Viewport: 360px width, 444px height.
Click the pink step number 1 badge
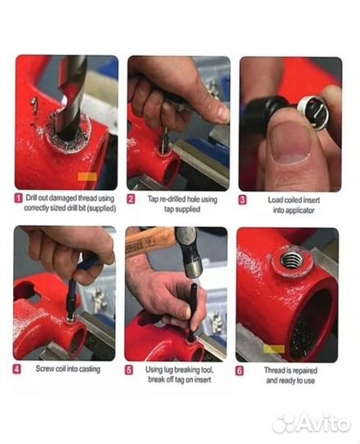click(18, 198)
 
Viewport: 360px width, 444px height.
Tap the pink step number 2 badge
click(131, 199)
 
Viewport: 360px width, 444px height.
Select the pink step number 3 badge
click(242, 200)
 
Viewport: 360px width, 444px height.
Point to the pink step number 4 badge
click(17, 369)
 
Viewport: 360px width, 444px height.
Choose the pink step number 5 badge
click(129, 370)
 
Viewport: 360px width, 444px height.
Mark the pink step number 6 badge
click(239, 371)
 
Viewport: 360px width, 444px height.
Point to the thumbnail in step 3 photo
click(289, 144)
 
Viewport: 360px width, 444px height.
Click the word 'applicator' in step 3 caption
click(300, 210)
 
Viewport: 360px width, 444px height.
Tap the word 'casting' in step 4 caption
click(90, 369)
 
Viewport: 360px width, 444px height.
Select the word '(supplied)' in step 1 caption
click(101, 208)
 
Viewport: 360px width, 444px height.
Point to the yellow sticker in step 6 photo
click(275, 349)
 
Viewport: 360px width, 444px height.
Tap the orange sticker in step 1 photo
click(87, 177)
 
